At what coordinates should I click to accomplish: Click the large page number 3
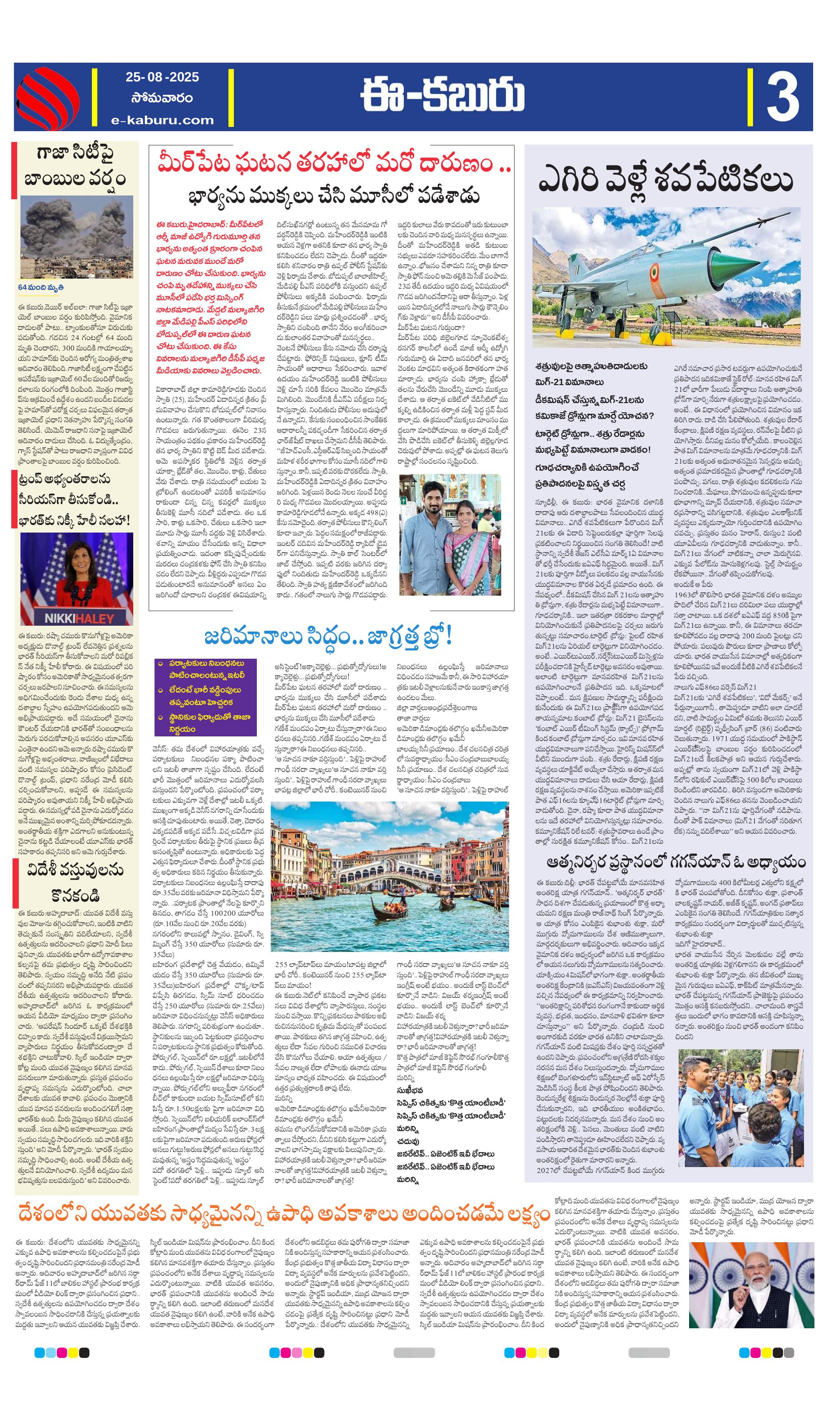[782, 97]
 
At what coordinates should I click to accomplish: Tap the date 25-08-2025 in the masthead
[162, 77]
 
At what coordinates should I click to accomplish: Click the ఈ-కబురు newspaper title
[442, 96]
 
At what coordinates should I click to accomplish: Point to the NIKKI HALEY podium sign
[79, 618]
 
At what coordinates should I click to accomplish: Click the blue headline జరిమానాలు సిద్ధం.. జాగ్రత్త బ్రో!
[328, 637]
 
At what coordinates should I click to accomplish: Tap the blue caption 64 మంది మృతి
[41, 287]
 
